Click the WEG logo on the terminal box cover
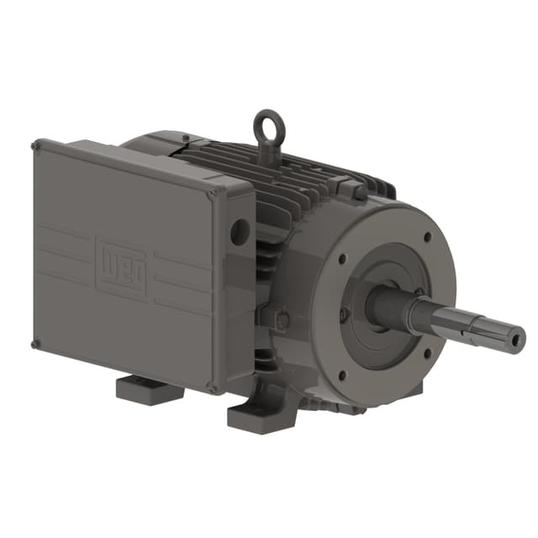(121, 266)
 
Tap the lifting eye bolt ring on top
(269, 125)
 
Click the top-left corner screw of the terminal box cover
(35, 145)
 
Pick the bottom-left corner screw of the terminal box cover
(35, 343)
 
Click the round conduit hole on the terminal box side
(240, 231)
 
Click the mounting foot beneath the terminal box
(150, 390)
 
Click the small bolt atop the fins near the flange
(358, 192)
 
